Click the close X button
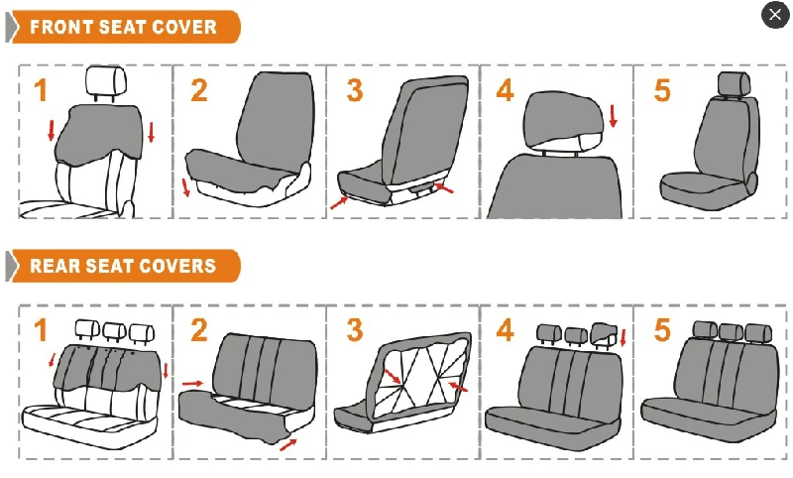(775, 15)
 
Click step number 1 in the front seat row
(41, 90)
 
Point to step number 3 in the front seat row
(355, 90)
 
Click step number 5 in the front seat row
(662, 90)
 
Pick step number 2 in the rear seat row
(199, 330)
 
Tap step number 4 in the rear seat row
(505, 330)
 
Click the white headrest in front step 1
(106, 81)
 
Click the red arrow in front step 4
(614, 116)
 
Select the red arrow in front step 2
(185, 187)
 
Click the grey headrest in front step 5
(733, 83)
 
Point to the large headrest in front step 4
(562, 119)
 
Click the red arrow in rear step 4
(623, 337)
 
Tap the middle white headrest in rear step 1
(114, 331)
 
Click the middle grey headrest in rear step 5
(731, 332)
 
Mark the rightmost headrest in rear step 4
(604, 333)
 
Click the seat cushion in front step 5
(703, 191)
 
